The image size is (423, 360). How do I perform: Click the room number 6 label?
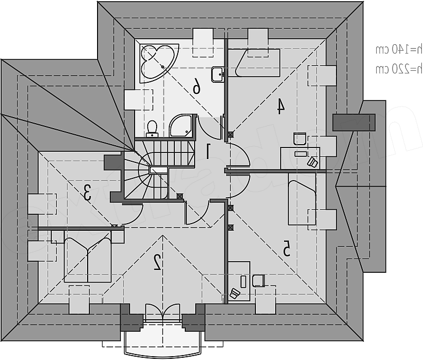[196, 86]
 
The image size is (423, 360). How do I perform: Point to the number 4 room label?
[280, 105]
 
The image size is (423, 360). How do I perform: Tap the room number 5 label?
[286, 249]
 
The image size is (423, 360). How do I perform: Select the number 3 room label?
[87, 193]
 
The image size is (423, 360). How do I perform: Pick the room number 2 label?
[157, 261]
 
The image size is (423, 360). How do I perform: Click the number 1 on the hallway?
[208, 151]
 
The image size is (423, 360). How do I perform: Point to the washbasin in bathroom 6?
[218, 73]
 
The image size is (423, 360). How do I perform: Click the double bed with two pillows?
[87, 256]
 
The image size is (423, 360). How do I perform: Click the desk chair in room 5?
[258, 280]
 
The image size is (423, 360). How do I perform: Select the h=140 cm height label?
[399, 50]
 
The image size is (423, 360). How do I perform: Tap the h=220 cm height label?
[399, 68]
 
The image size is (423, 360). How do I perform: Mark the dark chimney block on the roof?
[354, 121]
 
